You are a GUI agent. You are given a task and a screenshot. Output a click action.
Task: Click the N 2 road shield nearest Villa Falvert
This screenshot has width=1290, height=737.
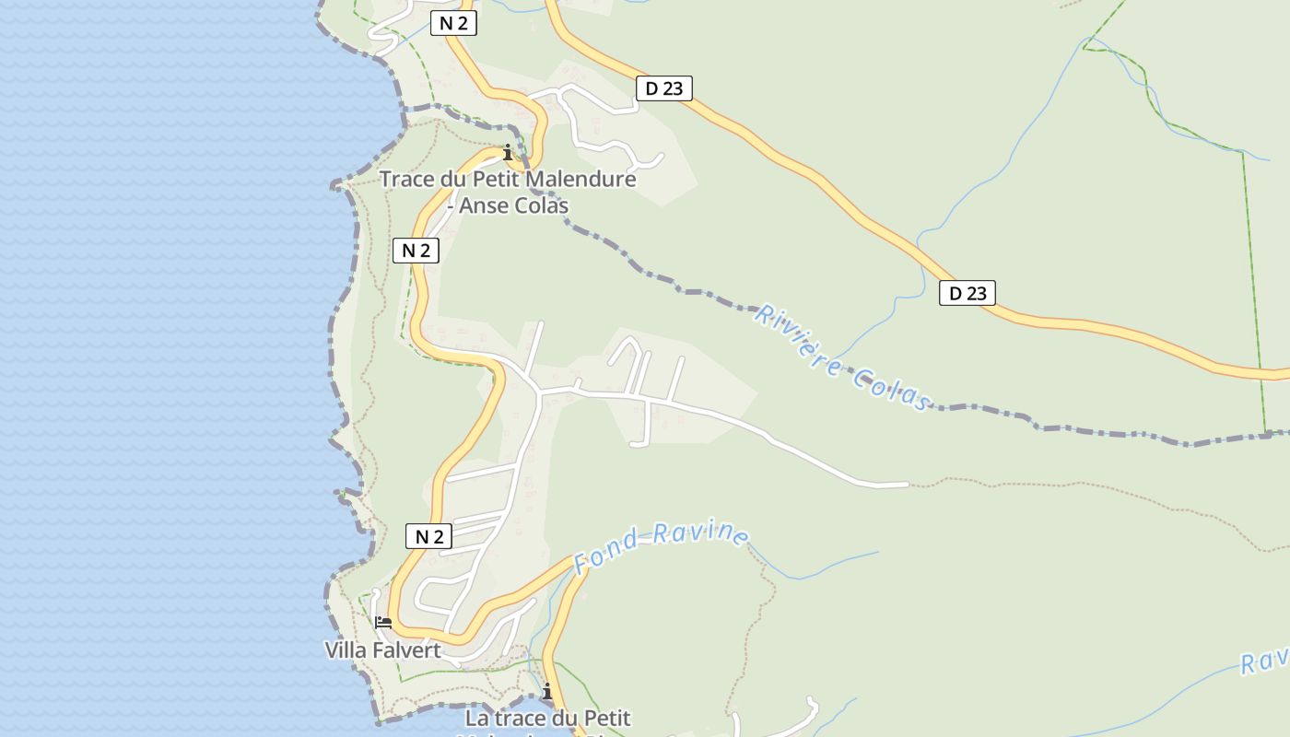tap(428, 536)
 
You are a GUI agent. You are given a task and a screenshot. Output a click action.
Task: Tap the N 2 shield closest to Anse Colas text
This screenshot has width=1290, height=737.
tap(416, 250)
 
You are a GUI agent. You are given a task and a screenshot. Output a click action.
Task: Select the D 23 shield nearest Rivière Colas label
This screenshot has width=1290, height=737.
tap(967, 293)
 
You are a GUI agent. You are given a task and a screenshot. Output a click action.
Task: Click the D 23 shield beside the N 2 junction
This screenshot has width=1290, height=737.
tap(663, 88)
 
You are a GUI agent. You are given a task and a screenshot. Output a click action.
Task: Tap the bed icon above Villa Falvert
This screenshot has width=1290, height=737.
tap(383, 623)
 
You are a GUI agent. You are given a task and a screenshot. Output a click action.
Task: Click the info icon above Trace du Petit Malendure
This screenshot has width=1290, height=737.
tap(507, 152)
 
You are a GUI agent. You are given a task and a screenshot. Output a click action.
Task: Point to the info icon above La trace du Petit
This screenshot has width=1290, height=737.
tap(547, 691)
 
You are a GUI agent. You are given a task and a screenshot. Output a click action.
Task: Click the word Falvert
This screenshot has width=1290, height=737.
tap(406, 650)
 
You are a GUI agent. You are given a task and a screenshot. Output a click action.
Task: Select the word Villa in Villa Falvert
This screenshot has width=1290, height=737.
tap(345, 650)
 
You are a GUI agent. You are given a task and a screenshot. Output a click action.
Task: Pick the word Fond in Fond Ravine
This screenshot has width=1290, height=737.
tap(607, 551)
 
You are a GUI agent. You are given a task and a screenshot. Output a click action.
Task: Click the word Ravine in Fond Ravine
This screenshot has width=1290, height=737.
tap(709, 533)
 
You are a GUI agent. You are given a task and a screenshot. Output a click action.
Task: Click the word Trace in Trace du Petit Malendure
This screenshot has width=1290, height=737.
tap(410, 179)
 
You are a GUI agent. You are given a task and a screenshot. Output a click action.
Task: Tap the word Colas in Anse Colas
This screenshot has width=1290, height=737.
tap(540, 205)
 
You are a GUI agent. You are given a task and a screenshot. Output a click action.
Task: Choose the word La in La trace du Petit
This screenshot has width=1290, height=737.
tap(477, 718)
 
